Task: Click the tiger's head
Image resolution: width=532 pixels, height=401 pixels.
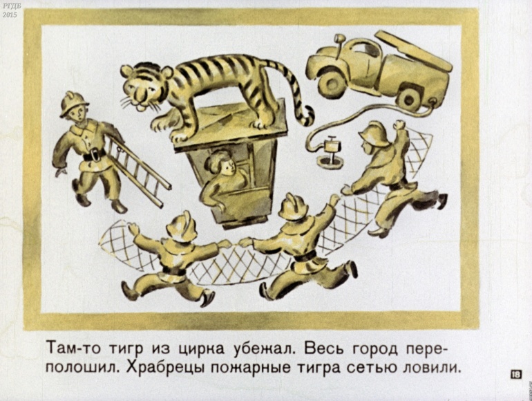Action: (144, 86)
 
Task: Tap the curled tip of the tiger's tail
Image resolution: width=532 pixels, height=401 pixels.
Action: (307, 115)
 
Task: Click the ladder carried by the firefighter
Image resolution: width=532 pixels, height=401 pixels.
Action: (140, 171)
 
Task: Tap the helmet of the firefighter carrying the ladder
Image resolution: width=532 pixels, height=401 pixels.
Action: (73, 103)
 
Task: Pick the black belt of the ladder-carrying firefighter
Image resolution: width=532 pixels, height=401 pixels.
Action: (94, 155)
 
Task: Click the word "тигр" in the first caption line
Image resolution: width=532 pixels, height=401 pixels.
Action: (128, 349)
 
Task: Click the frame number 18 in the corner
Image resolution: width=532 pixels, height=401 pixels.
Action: (515, 375)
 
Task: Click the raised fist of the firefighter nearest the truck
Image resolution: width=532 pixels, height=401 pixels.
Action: (400, 124)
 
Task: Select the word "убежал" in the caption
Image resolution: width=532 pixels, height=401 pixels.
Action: (264, 349)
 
